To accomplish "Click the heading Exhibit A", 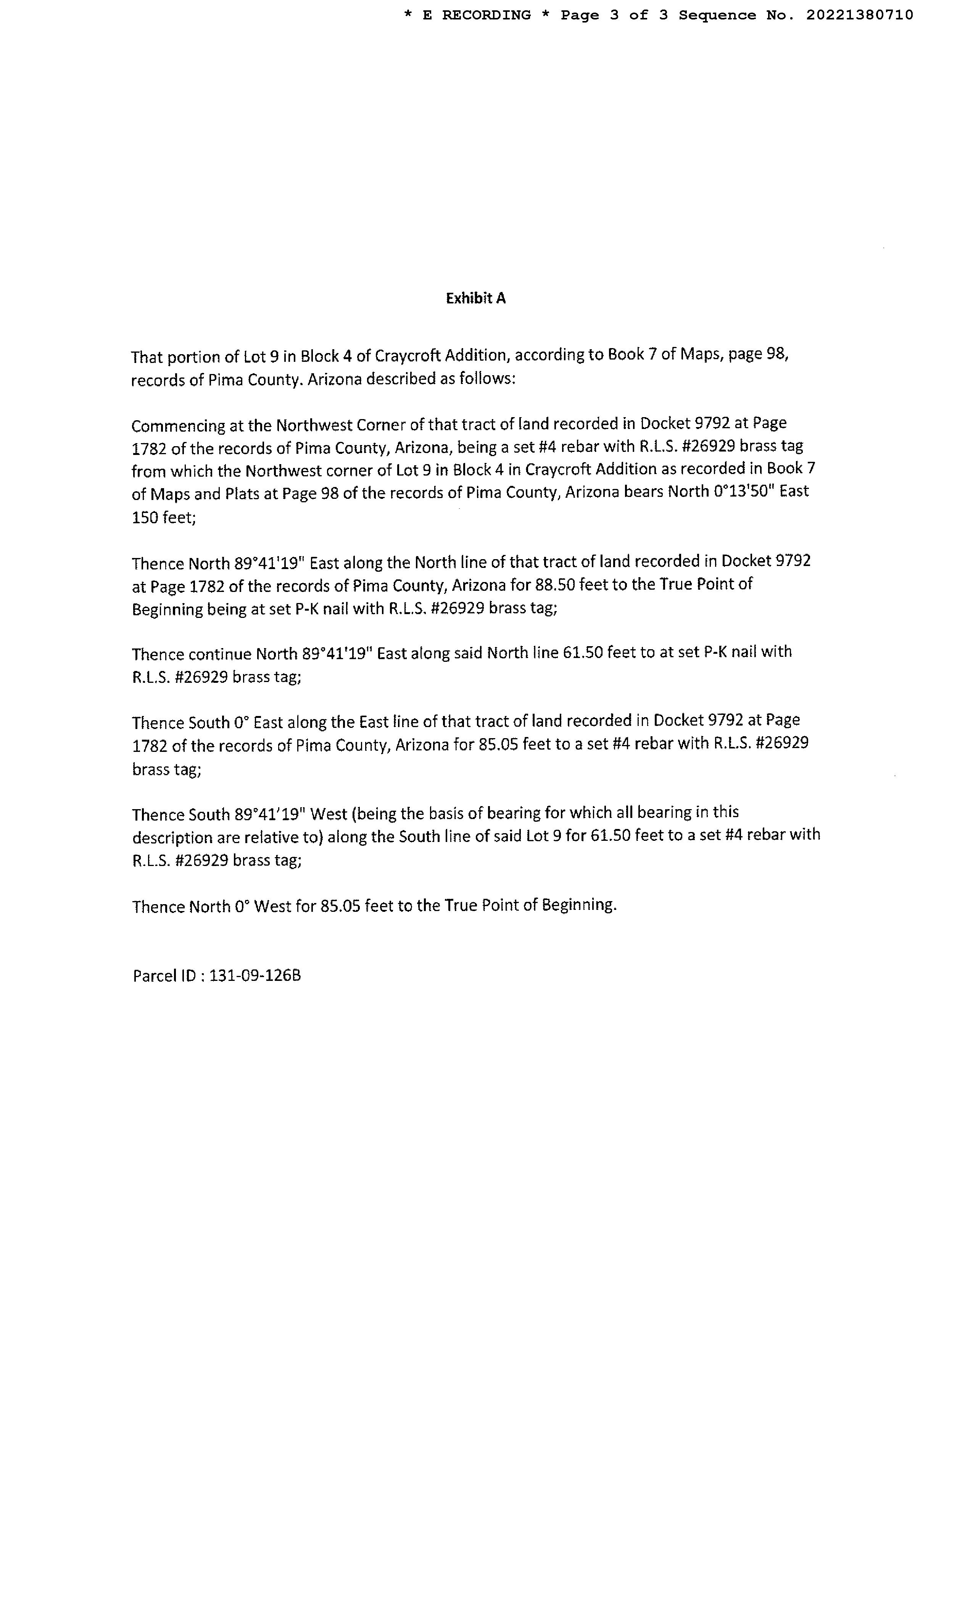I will point(475,298).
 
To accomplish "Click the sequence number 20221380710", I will point(859,15).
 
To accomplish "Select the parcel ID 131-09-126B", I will point(255,976).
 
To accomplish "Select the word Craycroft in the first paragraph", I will point(406,356).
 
